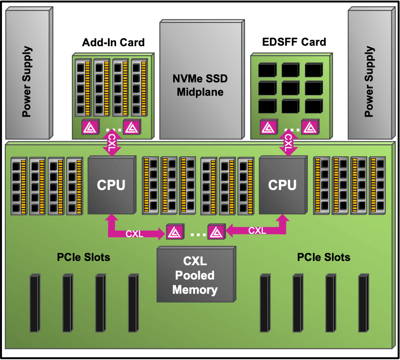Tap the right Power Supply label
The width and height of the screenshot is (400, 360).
[370, 82]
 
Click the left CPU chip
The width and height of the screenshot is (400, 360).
[111, 185]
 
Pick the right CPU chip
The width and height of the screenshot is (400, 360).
[282, 185]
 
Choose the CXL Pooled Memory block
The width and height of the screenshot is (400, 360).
[195, 275]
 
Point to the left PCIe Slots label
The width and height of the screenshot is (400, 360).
[84, 258]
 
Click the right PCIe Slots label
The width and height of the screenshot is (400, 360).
[323, 258]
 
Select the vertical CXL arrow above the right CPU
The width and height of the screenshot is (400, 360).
[288, 142]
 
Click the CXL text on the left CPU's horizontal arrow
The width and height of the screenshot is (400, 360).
[134, 234]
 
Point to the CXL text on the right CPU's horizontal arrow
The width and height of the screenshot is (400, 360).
[257, 231]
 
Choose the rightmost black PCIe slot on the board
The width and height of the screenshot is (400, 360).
[363, 303]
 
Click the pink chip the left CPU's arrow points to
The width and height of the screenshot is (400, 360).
[173, 232]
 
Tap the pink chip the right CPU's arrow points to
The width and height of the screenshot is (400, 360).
[216, 232]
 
